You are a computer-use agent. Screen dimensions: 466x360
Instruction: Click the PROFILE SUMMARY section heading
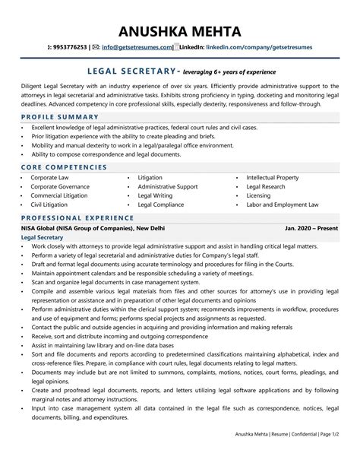point(62,116)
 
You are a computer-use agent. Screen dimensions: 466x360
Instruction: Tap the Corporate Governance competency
point(61,186)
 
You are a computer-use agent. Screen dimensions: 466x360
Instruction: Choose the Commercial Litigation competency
point(61,195)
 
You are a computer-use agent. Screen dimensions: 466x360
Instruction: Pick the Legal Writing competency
point(155,195)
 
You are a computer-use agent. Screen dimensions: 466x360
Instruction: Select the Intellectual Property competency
point(276,177)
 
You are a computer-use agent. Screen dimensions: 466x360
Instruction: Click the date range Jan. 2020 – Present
point(312,227)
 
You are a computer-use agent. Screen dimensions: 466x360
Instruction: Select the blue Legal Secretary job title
point(41,237)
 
